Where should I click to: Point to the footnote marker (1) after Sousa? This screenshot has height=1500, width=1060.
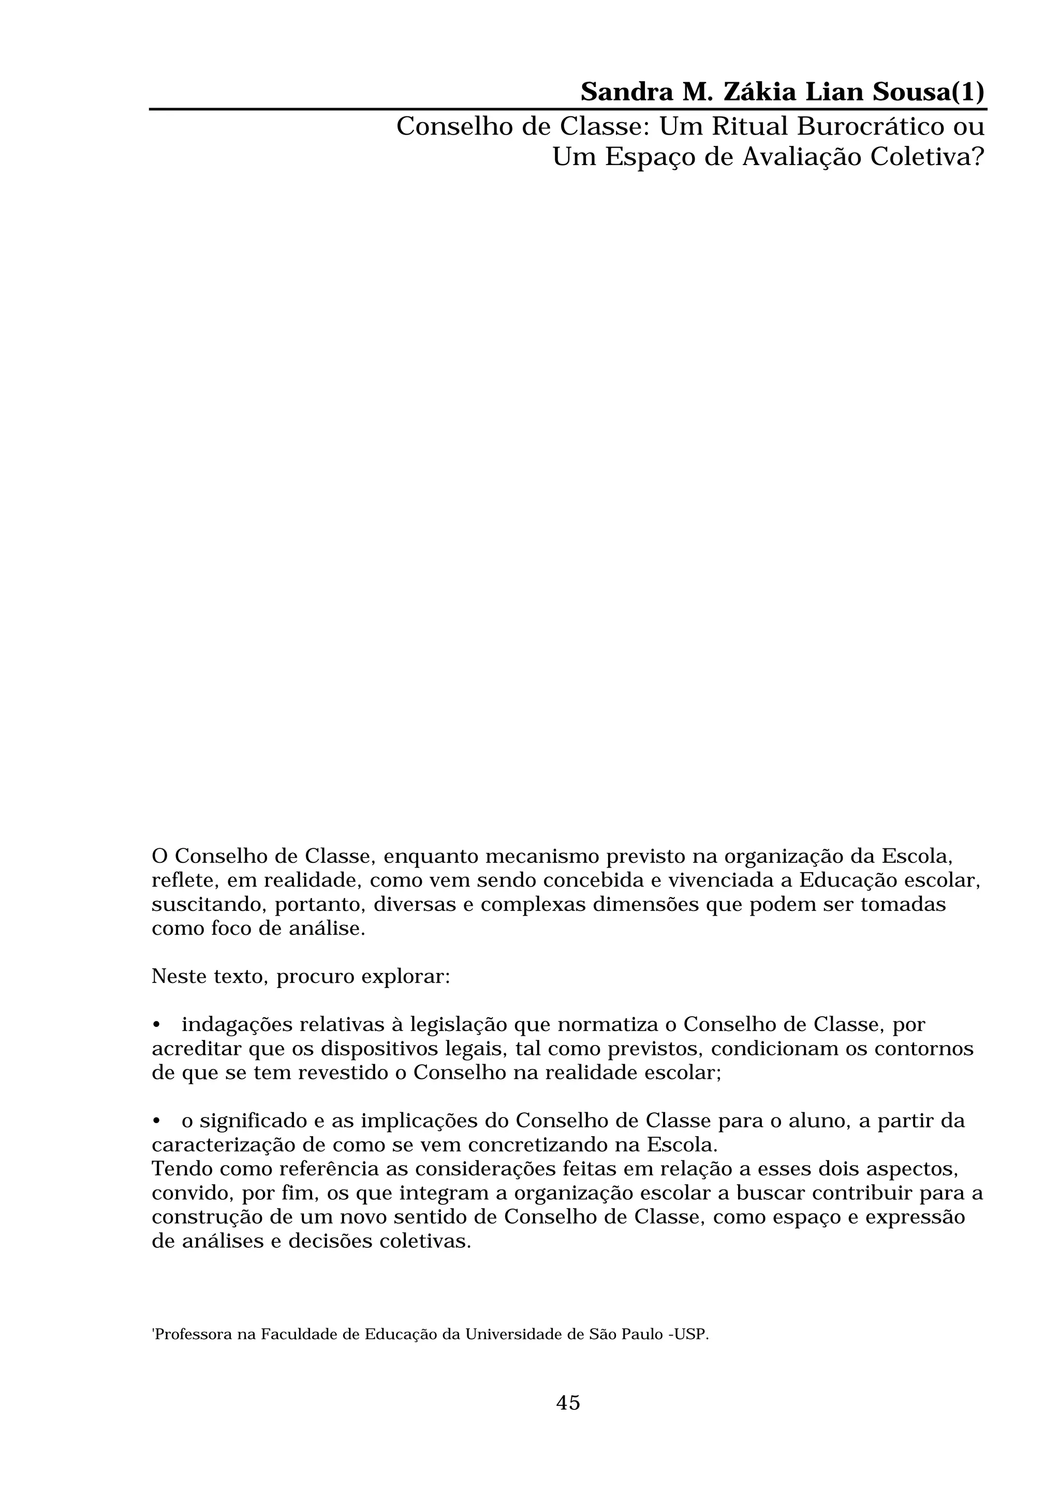pyautogui.click(x=968, y=93)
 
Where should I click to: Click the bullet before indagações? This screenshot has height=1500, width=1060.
pyautogui.click(x=156, y=1025)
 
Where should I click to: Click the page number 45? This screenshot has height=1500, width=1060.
pyautogui.click(x=568, y=1403)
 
